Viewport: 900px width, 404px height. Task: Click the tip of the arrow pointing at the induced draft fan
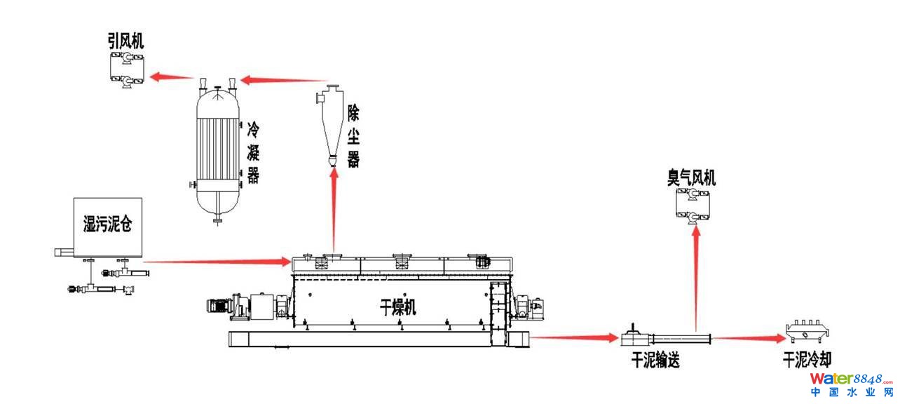(150, 76)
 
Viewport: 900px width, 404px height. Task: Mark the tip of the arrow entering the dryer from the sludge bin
(290, 262)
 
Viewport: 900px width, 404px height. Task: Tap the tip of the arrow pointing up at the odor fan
(697, 226)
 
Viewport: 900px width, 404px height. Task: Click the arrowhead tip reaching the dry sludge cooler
(786, 339)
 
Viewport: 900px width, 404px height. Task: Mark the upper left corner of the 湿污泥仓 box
(74, 198)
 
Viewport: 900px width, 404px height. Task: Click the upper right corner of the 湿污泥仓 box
(142, 198)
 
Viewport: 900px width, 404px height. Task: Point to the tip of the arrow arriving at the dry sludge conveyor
(619, 338)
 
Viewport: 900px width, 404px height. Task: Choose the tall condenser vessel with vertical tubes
(218, 154)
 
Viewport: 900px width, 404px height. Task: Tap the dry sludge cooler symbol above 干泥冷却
(808, 331)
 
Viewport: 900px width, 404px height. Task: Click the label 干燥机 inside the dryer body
(397, 307)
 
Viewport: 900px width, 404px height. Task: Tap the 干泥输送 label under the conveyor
(655, 360)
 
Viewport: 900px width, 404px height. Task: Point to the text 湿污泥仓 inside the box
(108, 224)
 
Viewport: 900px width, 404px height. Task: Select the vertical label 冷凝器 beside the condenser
(253, 153)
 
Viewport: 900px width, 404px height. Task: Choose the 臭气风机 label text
(692, 177)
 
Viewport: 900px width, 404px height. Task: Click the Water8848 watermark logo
(852, 384)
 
